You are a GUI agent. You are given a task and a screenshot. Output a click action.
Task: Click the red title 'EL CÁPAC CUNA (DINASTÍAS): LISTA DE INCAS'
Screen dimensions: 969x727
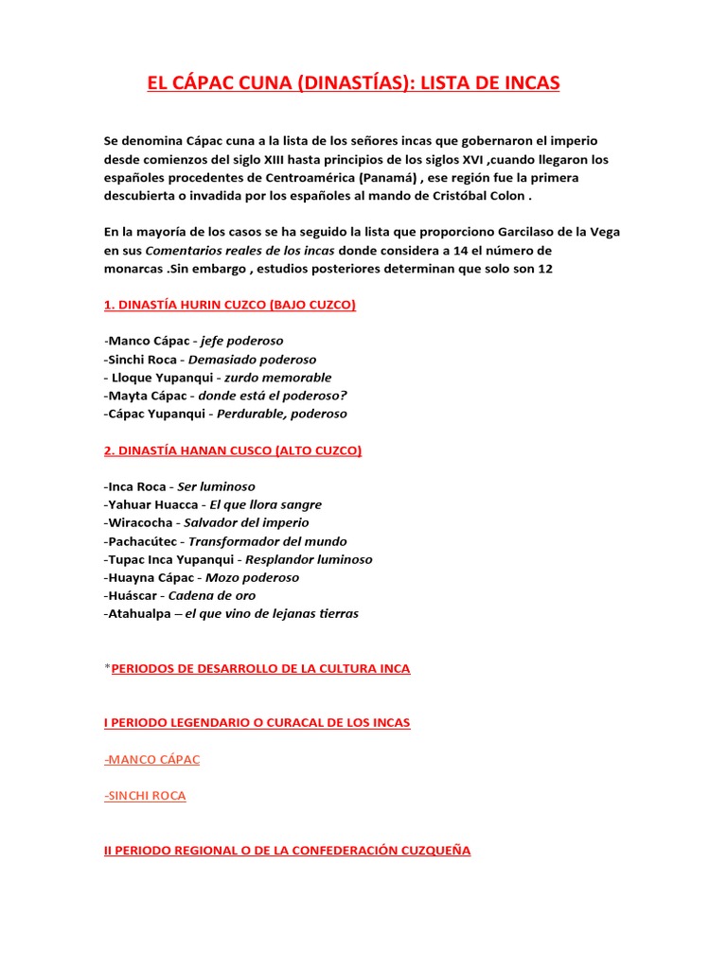(x=353, y=84)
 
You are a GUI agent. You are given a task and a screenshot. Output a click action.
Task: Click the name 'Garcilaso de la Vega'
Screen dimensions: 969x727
(x=553, y=232)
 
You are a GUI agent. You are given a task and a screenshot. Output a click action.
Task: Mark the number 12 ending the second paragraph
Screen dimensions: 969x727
(x=543, y=269)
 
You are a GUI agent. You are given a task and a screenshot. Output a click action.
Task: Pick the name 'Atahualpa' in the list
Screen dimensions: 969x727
(x=142, y=613)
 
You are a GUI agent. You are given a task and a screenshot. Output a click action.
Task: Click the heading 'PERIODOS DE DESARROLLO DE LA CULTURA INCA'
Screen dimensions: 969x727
(x=260, y=668)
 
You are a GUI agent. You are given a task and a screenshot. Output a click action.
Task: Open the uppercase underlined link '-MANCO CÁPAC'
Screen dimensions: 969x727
(x=151, y=759)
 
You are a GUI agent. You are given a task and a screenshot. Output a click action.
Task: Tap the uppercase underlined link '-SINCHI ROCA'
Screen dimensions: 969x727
(x=145, y=796)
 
